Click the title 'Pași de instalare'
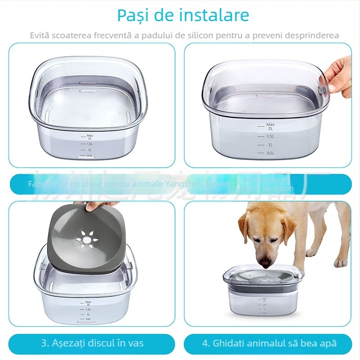(x=183, y=15)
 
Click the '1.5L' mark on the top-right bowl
(x=270, y=136)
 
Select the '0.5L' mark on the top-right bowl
(x=270, y=153)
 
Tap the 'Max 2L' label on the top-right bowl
(x=270, y=126)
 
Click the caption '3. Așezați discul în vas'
(x=92, y=343)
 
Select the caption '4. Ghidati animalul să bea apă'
(x=269, y=343)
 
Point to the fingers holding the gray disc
(x=97, y=206)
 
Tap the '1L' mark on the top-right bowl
(x=270, y=145)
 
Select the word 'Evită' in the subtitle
(x=40, y=35)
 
